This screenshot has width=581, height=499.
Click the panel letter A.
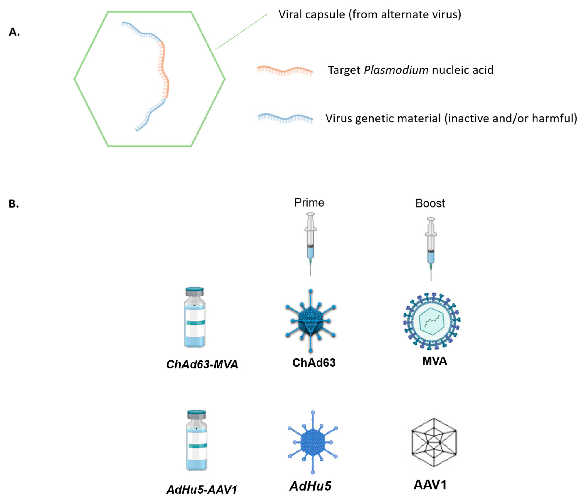(x=14, y=32)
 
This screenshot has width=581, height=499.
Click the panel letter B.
(x=14, y=204)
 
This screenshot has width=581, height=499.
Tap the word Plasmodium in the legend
(x=396, y=70)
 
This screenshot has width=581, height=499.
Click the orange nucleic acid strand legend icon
(x=285, y=71)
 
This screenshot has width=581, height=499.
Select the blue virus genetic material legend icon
(x=285, y=118)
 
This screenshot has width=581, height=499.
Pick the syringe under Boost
(x=431, y=248)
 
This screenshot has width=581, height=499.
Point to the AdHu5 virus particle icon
(x=313, y=442)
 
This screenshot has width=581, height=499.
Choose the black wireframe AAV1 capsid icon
(x=434, y=442)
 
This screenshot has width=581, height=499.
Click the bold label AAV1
(x=430, y=485)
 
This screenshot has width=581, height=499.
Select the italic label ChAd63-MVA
(x=202, y=364)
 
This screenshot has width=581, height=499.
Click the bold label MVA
(x=434, y=361)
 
